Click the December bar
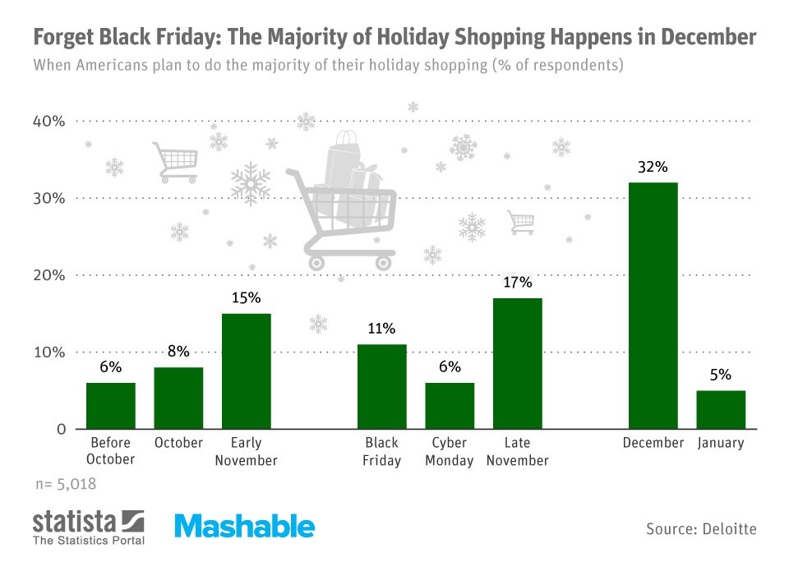[x=653, y=306]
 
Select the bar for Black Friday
[x=382, y=386]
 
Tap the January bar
[x=721, y=409]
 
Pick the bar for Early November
[x=247, y=371]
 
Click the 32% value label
[x=653, y=167]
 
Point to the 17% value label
[x=518, y=283]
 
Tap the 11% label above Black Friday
[x=382, y=329]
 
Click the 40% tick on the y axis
[x=48, y=122]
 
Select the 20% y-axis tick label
[x=48, y=275]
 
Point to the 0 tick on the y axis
[x=60, y=429]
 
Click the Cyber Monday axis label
[x=450, y=451]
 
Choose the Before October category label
[x=110, y=451]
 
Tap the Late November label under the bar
[x=517, y=451]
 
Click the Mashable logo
[x=244, y=526]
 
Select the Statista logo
[x=89, y=527]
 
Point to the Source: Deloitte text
[x=701, y=527]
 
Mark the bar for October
[x=178, y=398]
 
